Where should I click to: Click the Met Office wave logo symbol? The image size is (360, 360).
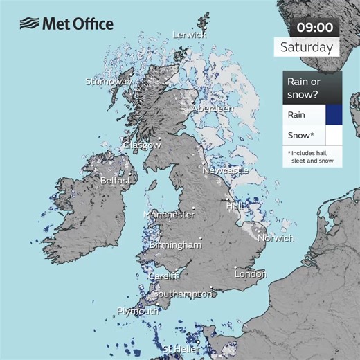tap(29, 24)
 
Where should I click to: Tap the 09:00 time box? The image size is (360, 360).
tap(315, 28)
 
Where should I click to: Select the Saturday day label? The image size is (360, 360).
tap(307, 48)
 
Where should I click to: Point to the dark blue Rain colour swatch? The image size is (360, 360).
tap(334, 115)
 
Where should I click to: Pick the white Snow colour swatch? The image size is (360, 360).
tap(334, 135)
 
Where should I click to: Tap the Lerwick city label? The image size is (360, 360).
tap(189, 34)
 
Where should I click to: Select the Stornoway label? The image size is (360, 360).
tap(108, 82)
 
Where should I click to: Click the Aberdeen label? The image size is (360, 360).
tap(213, 109)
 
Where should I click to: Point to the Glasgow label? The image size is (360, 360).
tap(142, 145)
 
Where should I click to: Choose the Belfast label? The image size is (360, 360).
tap(115, 180)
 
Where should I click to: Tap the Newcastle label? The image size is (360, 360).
tap(225, 170)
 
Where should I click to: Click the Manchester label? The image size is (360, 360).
tap(169, 215)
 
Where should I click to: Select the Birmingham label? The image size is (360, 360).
tap(175, 244)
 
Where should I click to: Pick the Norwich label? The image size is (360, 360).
tap(276, 238)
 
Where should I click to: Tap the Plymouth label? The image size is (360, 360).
tap(137, 312)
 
